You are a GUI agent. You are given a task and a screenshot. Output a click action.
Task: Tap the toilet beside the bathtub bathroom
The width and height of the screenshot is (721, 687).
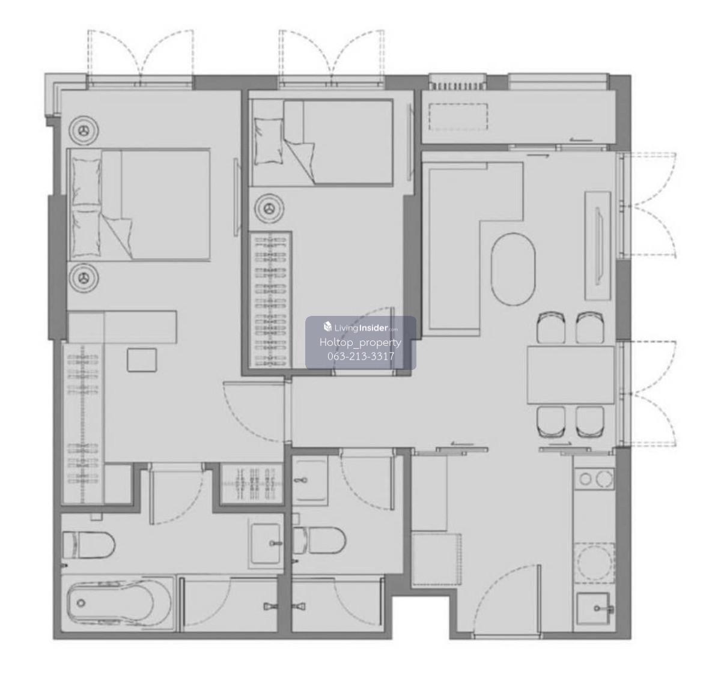pos(88,545)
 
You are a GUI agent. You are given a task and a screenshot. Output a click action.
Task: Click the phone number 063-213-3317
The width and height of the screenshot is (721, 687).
pos(360,356)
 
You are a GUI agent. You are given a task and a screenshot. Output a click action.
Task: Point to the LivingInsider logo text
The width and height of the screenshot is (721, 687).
pos(360,327)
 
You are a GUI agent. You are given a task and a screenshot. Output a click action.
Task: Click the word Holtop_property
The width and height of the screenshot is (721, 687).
pos(360,342)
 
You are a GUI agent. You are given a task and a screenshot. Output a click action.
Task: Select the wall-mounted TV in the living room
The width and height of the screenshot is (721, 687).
pos(598,246)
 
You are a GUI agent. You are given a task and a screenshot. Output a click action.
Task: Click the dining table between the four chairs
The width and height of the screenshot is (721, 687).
pos(570,375)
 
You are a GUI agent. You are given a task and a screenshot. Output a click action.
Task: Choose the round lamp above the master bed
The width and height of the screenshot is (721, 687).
pos(85,131)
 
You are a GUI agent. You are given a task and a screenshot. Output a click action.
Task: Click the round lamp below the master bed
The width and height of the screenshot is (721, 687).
pos(84,277)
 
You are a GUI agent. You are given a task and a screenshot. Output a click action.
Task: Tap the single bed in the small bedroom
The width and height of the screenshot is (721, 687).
pos(321,142)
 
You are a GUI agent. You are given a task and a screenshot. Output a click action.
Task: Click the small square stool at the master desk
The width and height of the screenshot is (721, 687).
pos(142,360)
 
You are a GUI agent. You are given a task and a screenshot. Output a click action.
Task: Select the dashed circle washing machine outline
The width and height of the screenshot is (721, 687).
pos(594,562)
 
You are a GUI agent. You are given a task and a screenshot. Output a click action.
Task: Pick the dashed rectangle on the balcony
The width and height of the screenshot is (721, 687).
pos(458,117)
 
